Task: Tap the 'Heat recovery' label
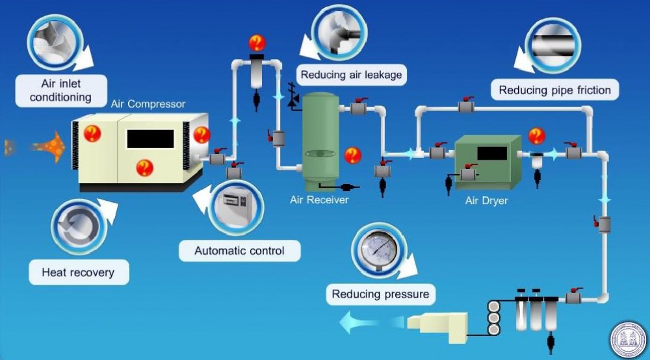(79, 272)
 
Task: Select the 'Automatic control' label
(239, 250)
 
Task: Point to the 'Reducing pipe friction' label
(554, 90)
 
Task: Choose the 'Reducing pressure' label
(380, 294)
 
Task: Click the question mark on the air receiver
(352, 155)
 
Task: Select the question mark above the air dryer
(536, 136)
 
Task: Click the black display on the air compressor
(150, 138)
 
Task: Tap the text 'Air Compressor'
(148, 104)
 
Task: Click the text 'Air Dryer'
(486, 201)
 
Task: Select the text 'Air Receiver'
(319, 199)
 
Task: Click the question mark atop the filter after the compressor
(257, 44)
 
